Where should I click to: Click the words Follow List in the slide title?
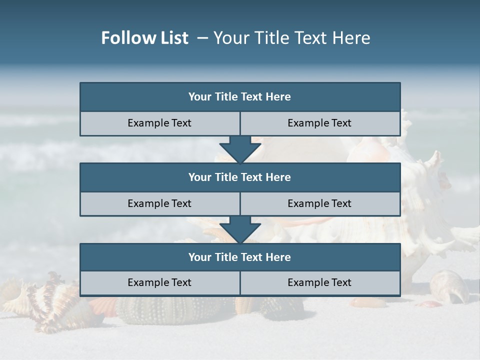point(144,38)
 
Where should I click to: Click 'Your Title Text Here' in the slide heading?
point(291,38)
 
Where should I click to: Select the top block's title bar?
point(240,97)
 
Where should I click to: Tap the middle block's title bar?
point(240,177)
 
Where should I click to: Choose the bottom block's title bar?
point(240,257)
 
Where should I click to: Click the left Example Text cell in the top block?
point(159,123)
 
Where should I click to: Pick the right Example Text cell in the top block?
point(319,123)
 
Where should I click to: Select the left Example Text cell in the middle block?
point(159,203)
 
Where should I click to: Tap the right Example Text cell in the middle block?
point(319,203)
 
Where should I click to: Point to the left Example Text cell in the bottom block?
point(159,282)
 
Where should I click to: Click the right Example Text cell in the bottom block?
point(319,282)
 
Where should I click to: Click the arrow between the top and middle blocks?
point(240,149)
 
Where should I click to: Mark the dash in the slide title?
point(203,38)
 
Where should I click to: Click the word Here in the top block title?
point(278,97)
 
